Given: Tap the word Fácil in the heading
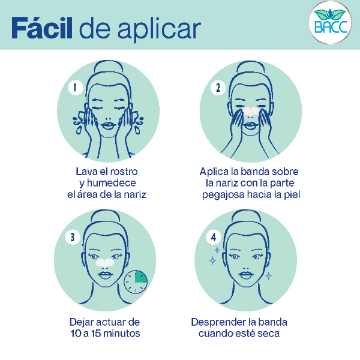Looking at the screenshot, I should point(41,28).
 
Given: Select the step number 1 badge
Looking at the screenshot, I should point(75,88).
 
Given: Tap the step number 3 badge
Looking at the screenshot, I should point(73,237).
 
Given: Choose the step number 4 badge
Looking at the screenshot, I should point(215,237).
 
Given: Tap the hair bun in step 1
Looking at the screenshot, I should point(107,63).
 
